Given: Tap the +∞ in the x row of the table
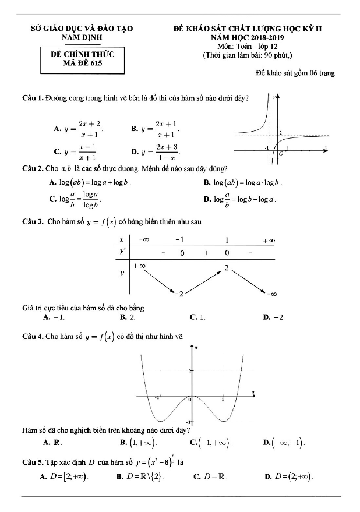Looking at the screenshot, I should point(269,240).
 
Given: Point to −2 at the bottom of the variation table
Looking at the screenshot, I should point(181,293).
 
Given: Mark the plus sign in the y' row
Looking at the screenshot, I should point(206,253).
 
